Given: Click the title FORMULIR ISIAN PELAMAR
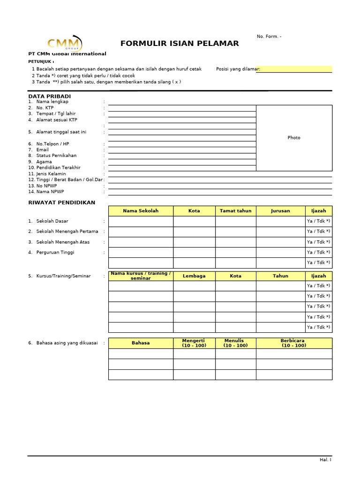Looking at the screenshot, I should point(180,44).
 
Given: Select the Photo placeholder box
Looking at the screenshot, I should point(294,138).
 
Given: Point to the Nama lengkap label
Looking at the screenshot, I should point(52,102).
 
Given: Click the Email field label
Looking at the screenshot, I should point(42,150).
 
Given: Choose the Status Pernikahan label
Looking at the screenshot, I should point(56,156).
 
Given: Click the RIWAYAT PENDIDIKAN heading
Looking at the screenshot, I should point(61,202).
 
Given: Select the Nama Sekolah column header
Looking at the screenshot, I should point(141,211).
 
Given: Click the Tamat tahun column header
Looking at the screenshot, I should point(235,211).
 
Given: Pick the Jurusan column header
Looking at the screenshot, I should point(280,211).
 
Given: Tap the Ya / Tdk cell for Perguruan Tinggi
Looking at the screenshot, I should point(318,252).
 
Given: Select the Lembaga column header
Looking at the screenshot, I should point(194,276).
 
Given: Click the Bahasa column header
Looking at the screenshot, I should point(141,343).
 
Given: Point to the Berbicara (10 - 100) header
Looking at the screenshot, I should point(294,343).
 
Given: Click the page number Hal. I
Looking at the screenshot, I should point(325,460).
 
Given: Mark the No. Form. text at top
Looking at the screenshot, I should point(269,37).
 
